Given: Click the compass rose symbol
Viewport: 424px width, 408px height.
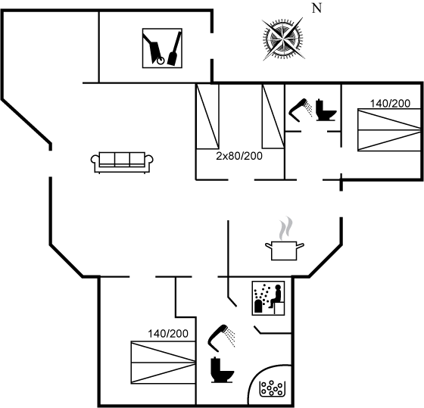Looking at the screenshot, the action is (283, 39).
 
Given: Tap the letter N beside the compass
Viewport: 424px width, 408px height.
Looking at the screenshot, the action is (317, 8).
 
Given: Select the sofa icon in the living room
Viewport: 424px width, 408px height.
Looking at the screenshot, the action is (122, 162).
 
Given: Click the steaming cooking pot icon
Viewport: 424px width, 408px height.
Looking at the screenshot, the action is (284, 238).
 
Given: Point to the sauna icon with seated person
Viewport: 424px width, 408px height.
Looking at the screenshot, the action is (268, 298).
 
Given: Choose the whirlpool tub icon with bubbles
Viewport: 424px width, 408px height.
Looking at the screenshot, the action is (273, 388).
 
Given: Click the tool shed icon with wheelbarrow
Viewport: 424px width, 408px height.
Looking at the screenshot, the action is (162, 48).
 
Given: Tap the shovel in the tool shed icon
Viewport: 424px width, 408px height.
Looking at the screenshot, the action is (174, 48).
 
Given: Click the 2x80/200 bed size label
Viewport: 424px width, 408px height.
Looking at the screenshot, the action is (239, 156).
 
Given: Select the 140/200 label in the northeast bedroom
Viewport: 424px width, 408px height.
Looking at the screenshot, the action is (390, 104).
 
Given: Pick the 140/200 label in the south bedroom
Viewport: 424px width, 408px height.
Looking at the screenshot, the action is (168, 334).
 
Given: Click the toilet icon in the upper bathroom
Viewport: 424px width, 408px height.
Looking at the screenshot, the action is (326, 110).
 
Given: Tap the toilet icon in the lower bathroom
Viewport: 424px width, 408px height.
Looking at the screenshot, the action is (222, 370).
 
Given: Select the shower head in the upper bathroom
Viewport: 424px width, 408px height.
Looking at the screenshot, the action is (301, 110).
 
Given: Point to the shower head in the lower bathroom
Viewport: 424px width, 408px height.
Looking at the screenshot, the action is (221, 338).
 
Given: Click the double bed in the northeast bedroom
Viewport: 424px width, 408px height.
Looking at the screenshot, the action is (389, 129).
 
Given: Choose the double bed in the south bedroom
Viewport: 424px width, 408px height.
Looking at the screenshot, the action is (163, 363).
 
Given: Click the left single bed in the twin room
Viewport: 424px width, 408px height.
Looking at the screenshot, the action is (207, 117).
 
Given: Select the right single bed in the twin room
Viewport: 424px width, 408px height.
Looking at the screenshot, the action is (273, 117).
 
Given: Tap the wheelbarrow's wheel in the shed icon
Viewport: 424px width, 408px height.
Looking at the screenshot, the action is (161, 61).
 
